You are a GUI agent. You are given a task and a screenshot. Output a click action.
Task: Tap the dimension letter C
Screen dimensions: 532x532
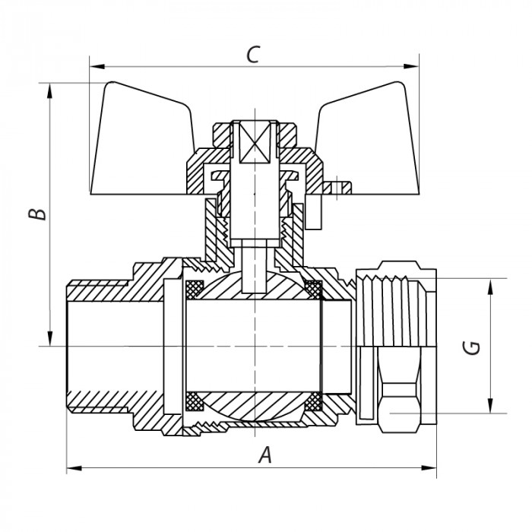click(254, 55)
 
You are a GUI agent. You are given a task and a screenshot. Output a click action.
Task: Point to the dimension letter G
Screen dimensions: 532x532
click(472, 347)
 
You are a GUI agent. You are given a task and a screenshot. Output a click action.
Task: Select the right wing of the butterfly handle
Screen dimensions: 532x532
click(368, 136)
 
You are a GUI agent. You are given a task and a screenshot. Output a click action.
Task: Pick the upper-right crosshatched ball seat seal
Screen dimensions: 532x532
click(312, 289)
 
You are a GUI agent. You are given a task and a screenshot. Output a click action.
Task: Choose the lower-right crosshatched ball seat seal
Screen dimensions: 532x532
click(312, 400)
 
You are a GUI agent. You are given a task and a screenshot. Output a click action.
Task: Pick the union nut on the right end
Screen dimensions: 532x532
click(395, 342)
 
